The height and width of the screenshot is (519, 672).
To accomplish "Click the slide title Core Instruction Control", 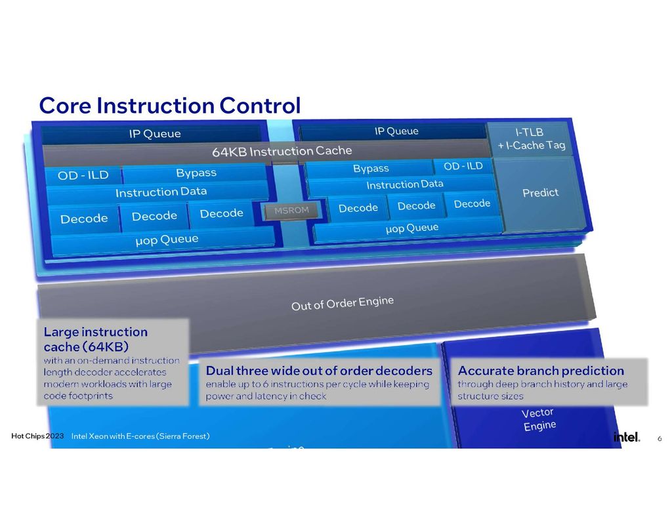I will [x=169, y=105].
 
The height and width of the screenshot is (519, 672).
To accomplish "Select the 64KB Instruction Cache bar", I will [x=282, y=151].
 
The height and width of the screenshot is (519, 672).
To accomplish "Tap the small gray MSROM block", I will [x=287, y=211].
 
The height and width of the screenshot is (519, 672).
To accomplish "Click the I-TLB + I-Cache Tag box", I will [x=531, y=138].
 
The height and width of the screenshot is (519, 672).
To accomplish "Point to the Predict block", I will [x=540, y=193].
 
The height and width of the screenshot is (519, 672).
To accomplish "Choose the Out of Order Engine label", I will [x=342, y=303].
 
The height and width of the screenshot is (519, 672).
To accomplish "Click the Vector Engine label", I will [x=538, y=419].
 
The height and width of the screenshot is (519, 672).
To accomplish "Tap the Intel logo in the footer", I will [x=626, y=437].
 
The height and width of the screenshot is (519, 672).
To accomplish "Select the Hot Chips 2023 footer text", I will [x=37, y=436].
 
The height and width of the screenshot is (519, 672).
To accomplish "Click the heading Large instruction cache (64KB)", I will [x=95, y=339].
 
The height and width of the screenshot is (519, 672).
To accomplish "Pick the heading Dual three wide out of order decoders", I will [x=319, y=371].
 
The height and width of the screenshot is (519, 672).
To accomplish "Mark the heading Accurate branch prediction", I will [x=541, y=371].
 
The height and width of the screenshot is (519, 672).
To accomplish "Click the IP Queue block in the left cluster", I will [x=154, y=134].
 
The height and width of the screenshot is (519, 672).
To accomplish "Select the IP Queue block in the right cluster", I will [x=396, y=131].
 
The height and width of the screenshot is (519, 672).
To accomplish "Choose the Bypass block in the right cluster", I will [x=371, y=169].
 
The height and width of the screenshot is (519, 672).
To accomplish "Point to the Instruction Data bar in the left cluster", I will [x=161, y=192].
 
